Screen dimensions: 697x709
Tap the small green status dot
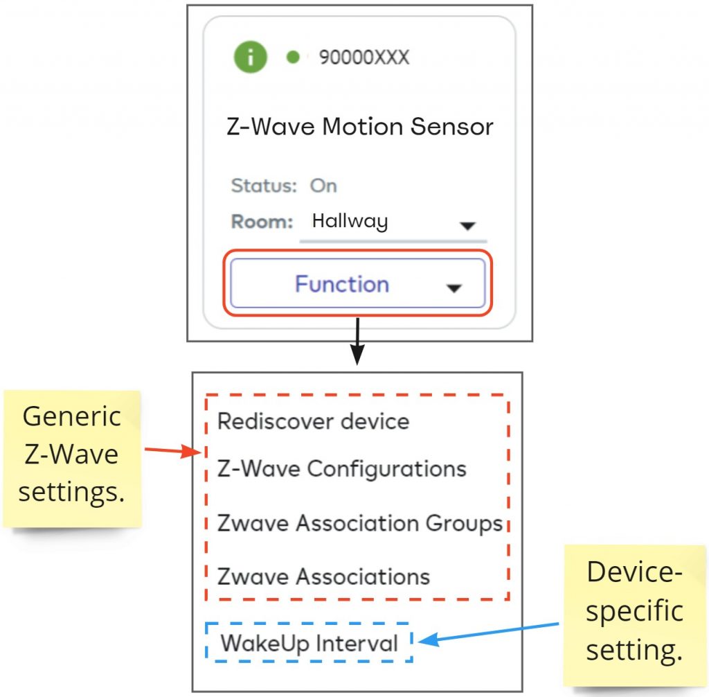tap(292, 58)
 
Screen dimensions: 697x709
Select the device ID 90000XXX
tap(364, 58)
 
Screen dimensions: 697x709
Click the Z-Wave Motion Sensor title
tap(360, 127)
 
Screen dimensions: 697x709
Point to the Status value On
tap(323, 186)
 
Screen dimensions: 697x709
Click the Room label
tap(262, 222)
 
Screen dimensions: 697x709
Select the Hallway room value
tap(350, 222)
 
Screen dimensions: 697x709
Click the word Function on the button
tap(342, 284)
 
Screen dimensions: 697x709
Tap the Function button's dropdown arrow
tap(454, 288)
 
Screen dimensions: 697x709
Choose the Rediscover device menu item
tap(313, 421)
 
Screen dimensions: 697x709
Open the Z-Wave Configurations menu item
tap(342, 469)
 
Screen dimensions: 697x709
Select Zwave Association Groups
tap(359, 523)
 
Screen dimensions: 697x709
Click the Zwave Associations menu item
tap(323, 576)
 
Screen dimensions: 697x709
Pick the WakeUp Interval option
tap(309, 643)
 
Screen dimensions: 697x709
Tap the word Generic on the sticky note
tap(71, 416)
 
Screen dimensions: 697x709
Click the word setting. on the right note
tap(634, 650)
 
